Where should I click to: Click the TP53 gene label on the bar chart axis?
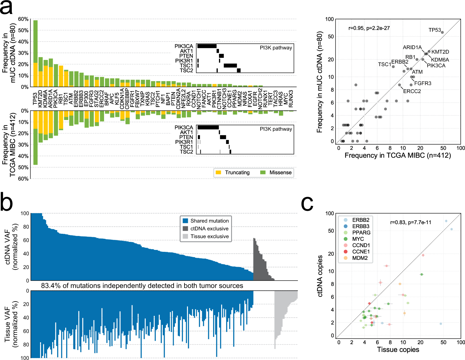(35, 99)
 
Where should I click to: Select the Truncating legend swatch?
(218, 173)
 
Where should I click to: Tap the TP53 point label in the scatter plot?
(435, 30)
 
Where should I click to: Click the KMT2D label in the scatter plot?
(440, 52)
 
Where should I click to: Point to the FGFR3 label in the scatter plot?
(422, 83)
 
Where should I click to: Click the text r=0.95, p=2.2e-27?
(369, 28)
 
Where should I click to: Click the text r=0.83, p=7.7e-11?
(411, 222)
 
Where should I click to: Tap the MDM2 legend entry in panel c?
(360, 258)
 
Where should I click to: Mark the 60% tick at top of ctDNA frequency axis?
(23, 19)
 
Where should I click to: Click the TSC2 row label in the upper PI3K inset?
(186, 71)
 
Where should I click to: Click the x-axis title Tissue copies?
(398, 350)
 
